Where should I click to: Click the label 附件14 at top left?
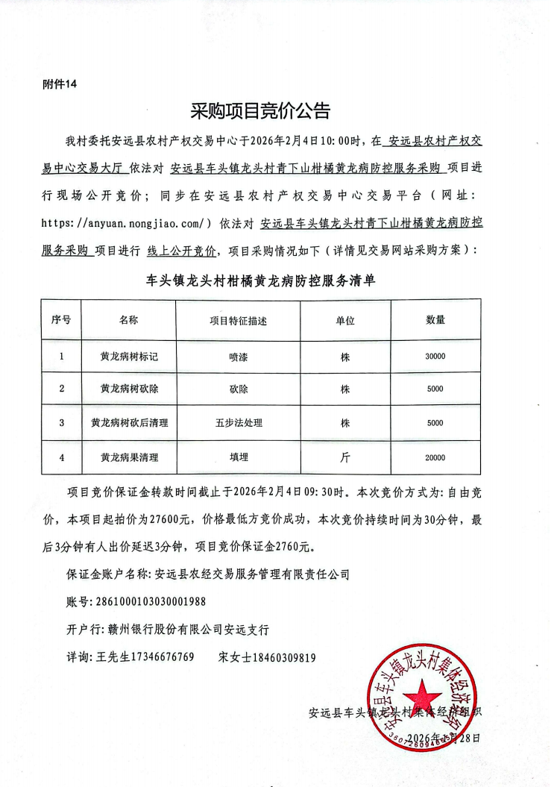[60, 85]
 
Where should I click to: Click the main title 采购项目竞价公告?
[259, 112]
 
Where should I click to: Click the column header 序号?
[61, 319]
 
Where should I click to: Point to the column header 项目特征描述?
[238, 320]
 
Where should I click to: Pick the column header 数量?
[435, 319]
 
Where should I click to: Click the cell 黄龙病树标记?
[129, 357]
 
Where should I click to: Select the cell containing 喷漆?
[238, 357]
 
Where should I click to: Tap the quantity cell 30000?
[435, 357]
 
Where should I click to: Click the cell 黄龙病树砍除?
[129, 389]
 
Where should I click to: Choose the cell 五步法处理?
[238, 423]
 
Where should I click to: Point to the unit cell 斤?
[345, 458]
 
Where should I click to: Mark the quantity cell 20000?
[435, 458]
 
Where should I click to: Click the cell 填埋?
[238, 458]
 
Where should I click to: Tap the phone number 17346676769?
[157, 657]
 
